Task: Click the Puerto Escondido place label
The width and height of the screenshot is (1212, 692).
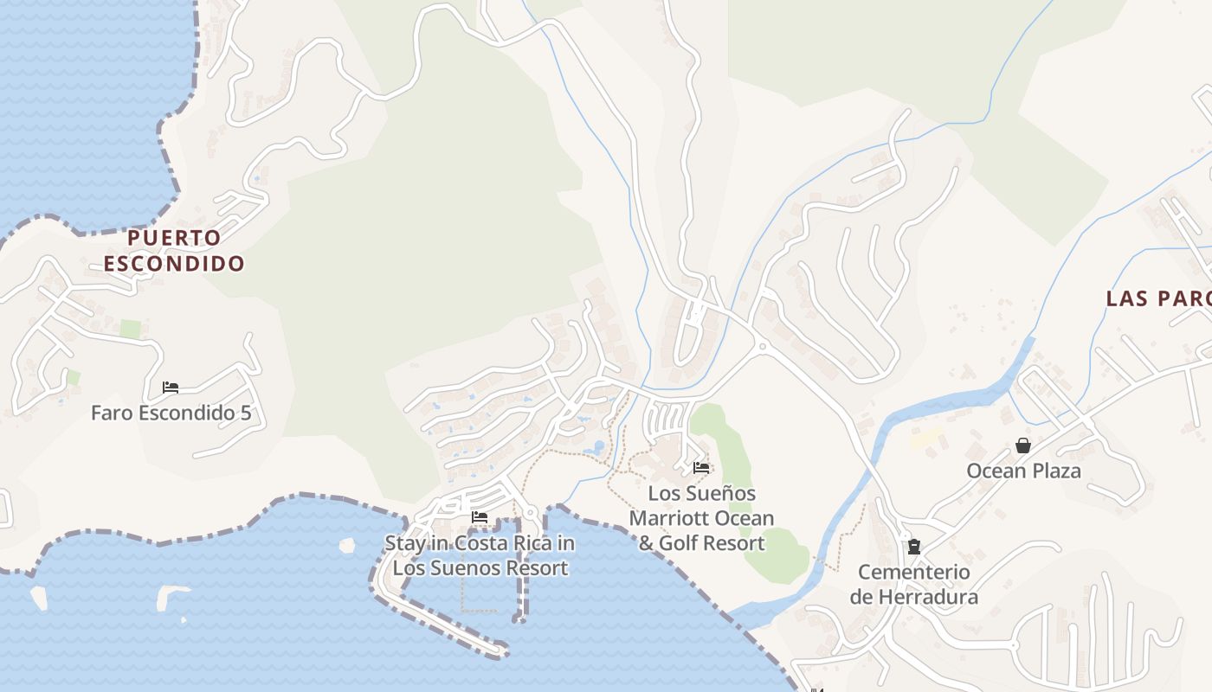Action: pos(174,250)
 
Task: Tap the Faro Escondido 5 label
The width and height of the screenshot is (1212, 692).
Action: pos(171,413)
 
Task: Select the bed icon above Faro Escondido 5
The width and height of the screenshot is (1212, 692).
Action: pos(171,388)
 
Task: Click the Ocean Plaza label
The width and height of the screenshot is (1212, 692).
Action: pos(1023,471)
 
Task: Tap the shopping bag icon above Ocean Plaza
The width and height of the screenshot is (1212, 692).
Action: pos(1023,446)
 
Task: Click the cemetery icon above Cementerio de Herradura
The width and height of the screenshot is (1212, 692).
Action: pos(913,547)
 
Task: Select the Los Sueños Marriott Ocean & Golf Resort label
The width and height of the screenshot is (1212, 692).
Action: pos(701,518)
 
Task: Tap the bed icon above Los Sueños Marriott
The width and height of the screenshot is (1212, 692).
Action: pos(701,468)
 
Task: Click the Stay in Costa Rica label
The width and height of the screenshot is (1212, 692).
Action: pos(480,555)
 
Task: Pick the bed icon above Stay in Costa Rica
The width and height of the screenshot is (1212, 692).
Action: pos(480,518)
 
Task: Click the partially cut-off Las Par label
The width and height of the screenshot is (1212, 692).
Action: pos(1158,298)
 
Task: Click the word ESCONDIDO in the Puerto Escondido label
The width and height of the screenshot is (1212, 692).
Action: pos(174,263)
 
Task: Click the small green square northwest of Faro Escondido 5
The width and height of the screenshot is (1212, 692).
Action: pos(130,329)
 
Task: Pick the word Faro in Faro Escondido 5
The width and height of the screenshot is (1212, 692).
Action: pos(110,413)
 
